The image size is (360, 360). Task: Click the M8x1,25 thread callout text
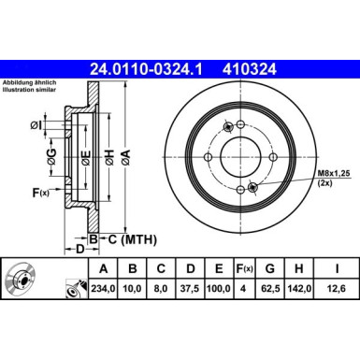tap(333, 172)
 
